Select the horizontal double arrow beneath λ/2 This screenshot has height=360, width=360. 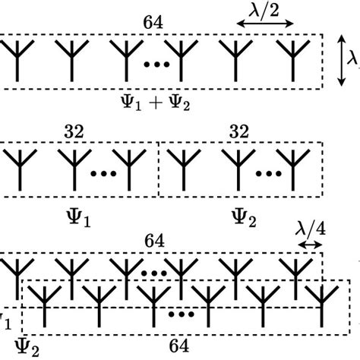tap(264, 25)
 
